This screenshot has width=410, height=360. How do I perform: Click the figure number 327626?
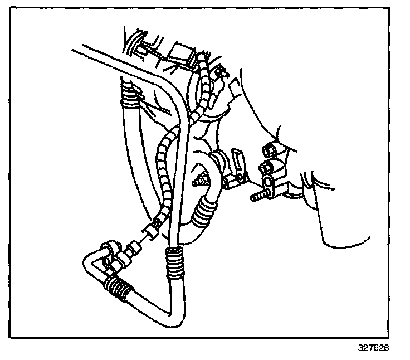click(x=373, y=348)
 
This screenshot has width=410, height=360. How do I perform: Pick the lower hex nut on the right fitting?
click(x=265, y=166)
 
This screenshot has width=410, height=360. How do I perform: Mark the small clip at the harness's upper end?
click(x=222, y=71)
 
